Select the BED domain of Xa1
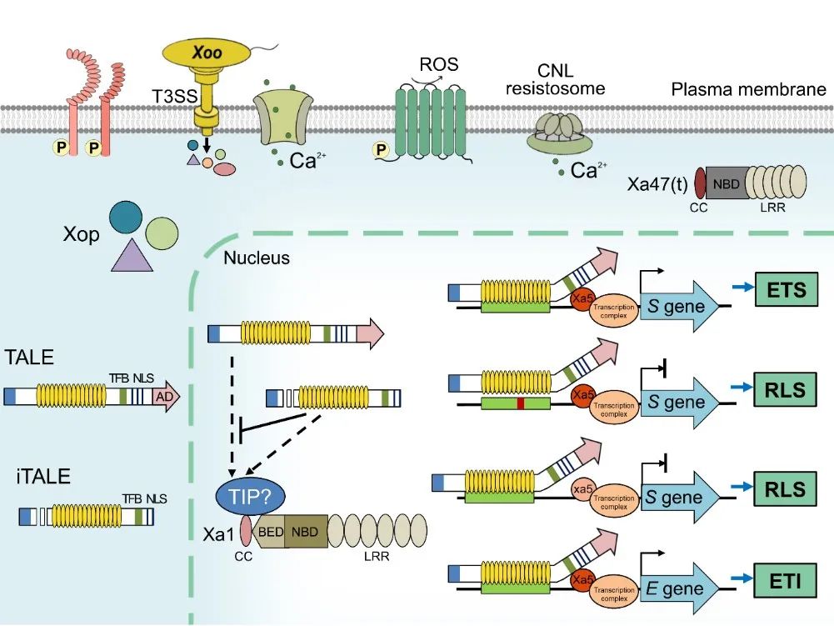click(270, 531)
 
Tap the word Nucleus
click(257, 258)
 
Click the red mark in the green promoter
click(520, 403)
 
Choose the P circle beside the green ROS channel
click(383, 149)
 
